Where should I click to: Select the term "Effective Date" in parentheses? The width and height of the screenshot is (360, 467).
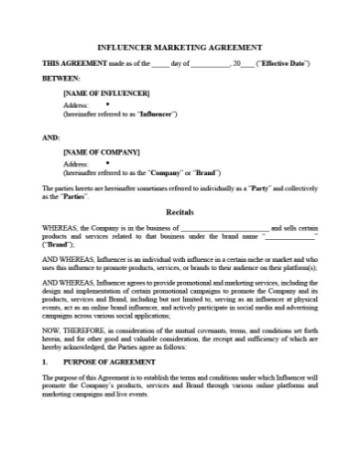click(x=285, y=63)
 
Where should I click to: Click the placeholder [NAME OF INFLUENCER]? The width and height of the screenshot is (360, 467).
click(x=101, y=94)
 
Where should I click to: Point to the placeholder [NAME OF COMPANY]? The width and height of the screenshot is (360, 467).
click(x=101, y=149)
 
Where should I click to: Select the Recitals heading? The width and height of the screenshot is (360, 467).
click(x=180, y=210)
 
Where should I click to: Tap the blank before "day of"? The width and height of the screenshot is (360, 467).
click(x=160, y=63)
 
